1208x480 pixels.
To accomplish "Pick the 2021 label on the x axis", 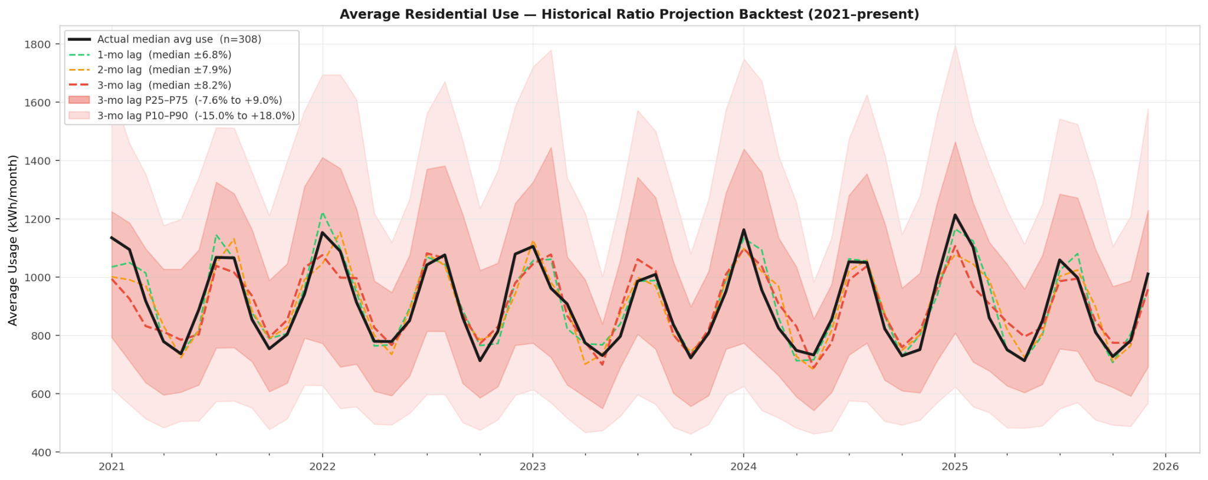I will pyautogui.click(x=111, y=467).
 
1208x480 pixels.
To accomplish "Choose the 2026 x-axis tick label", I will pyautogui.click(x=1165, y=467).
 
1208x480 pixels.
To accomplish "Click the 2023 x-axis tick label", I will pyautogui.click(x=533, y=467).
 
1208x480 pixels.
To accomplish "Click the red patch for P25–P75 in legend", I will pyautogui.click(x=79, y=101).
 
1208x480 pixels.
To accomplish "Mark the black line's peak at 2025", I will pyautogui.click(x=954, y=215).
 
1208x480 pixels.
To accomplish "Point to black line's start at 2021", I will pyautogui.click(x=111, y=238).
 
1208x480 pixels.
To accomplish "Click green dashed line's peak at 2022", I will pyautogui.click(x=322, y=213).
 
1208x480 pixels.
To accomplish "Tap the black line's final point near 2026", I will pyautogui.click(x=1148, y=274).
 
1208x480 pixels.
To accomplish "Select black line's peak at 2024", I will pyautogui.click(x=744, y=229).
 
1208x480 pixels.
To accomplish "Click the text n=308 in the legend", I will pyautogui.click(x=241, y=40).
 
